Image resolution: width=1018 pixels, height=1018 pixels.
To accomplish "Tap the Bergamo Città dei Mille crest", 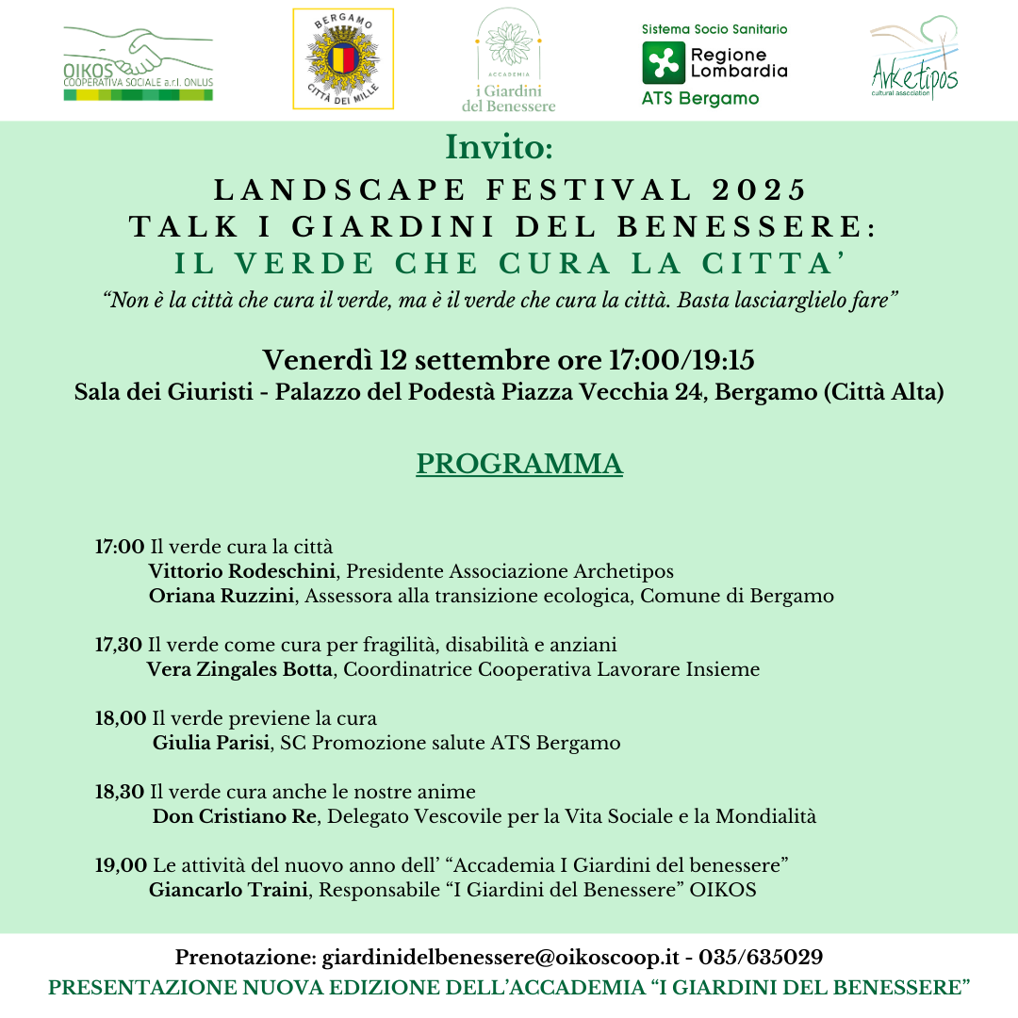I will [x=343, y=59].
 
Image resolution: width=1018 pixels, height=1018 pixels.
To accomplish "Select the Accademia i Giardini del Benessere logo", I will [x=509, y=60].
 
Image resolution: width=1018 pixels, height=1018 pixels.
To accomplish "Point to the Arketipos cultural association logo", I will [x=913, y=58].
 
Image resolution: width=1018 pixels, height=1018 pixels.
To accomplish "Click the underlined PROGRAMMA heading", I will [x=519, y=464].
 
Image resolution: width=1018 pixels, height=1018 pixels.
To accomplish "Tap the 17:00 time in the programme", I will [x=120, y=547].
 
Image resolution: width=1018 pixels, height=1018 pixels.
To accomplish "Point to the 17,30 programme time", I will [x=119, y=645].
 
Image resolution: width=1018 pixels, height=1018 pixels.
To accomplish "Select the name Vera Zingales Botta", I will [x=239, y=669].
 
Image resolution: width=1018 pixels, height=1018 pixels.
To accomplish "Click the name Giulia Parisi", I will [x=212, y=743].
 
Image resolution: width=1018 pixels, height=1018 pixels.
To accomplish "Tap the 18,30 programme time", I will [x=120, y=792].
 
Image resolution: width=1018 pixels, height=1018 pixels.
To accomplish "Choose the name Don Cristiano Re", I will [x=235, y=816].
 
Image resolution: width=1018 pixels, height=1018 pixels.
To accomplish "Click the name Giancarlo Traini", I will [x=228, y=890].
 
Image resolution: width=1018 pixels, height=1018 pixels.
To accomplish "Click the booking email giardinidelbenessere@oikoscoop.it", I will [x=501, y=958].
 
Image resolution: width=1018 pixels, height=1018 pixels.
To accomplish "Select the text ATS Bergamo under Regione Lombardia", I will [x=700, y=98].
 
